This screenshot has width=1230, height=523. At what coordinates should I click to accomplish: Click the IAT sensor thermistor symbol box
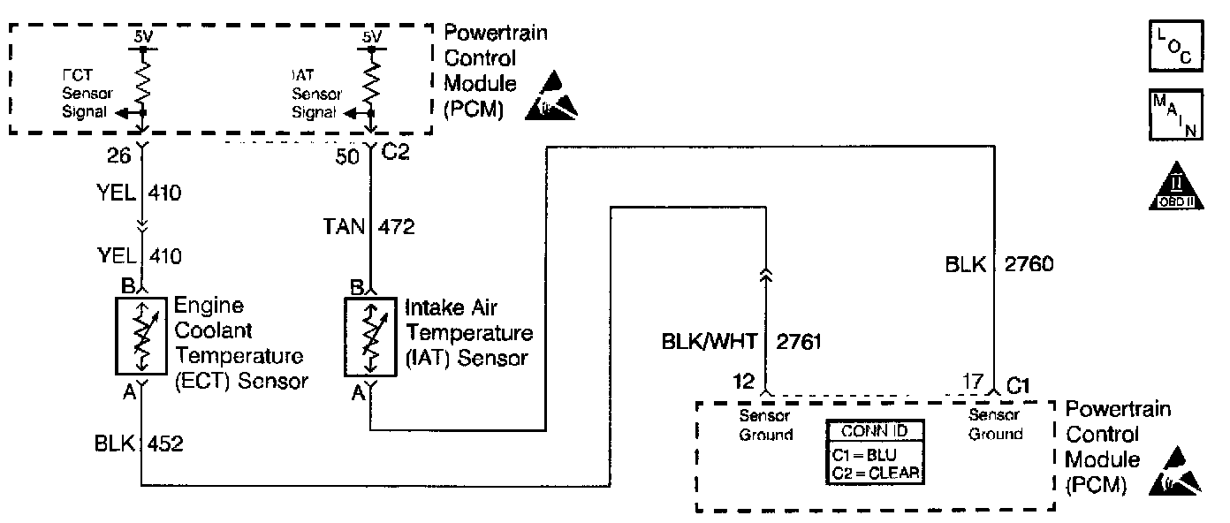(370, 336)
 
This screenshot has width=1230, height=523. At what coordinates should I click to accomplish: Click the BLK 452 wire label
(139, 443)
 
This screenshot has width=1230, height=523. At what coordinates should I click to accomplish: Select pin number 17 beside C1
(972, 383)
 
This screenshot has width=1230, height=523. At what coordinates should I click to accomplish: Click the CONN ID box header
(876, 431)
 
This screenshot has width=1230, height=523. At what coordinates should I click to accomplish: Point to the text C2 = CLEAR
(876, 474)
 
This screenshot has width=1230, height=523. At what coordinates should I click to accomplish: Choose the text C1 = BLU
(866, 457)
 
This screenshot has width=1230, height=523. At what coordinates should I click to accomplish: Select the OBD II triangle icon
(1173, 187)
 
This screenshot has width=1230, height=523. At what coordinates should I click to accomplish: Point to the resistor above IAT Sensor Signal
(371, 81)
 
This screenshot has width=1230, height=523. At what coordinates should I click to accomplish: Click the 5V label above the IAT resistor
(372, 37)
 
